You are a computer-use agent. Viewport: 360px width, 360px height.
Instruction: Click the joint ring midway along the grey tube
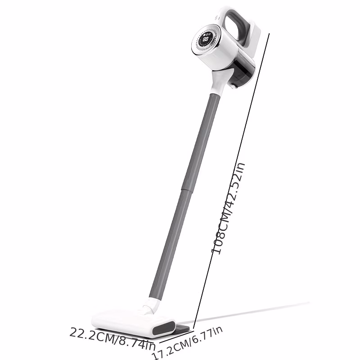click(x=186, y=189)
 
